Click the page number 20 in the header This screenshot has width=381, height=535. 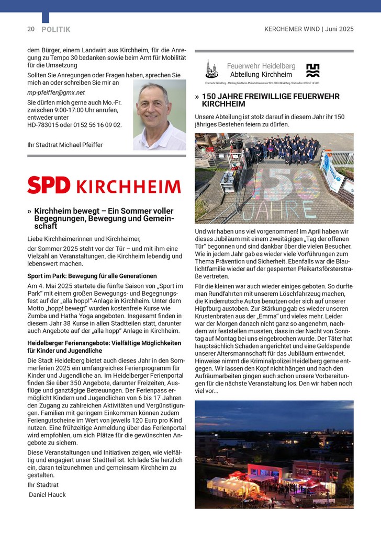click(x=31, y=29)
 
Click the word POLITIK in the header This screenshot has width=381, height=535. click(x=56, y=30)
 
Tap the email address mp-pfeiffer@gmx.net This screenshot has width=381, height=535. click(x=56, y=92)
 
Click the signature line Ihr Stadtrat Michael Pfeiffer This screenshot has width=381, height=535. click(x=65, y=145)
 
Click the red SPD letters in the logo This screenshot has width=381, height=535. click(x=49, y=185)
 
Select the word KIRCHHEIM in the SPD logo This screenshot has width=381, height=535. click(x=128, y=187)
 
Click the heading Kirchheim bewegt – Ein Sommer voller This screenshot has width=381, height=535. click(x=104, y=211)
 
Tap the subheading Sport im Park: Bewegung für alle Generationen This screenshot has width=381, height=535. click(x=92, y=276)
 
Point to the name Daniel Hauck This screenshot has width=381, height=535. click(x=48, y=494)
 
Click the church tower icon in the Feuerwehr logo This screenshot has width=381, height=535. click(x=211, y=69)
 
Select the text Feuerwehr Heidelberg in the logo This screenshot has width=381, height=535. click(x=261, y=66)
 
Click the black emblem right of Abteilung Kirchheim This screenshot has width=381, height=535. click(x=312, y=70)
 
